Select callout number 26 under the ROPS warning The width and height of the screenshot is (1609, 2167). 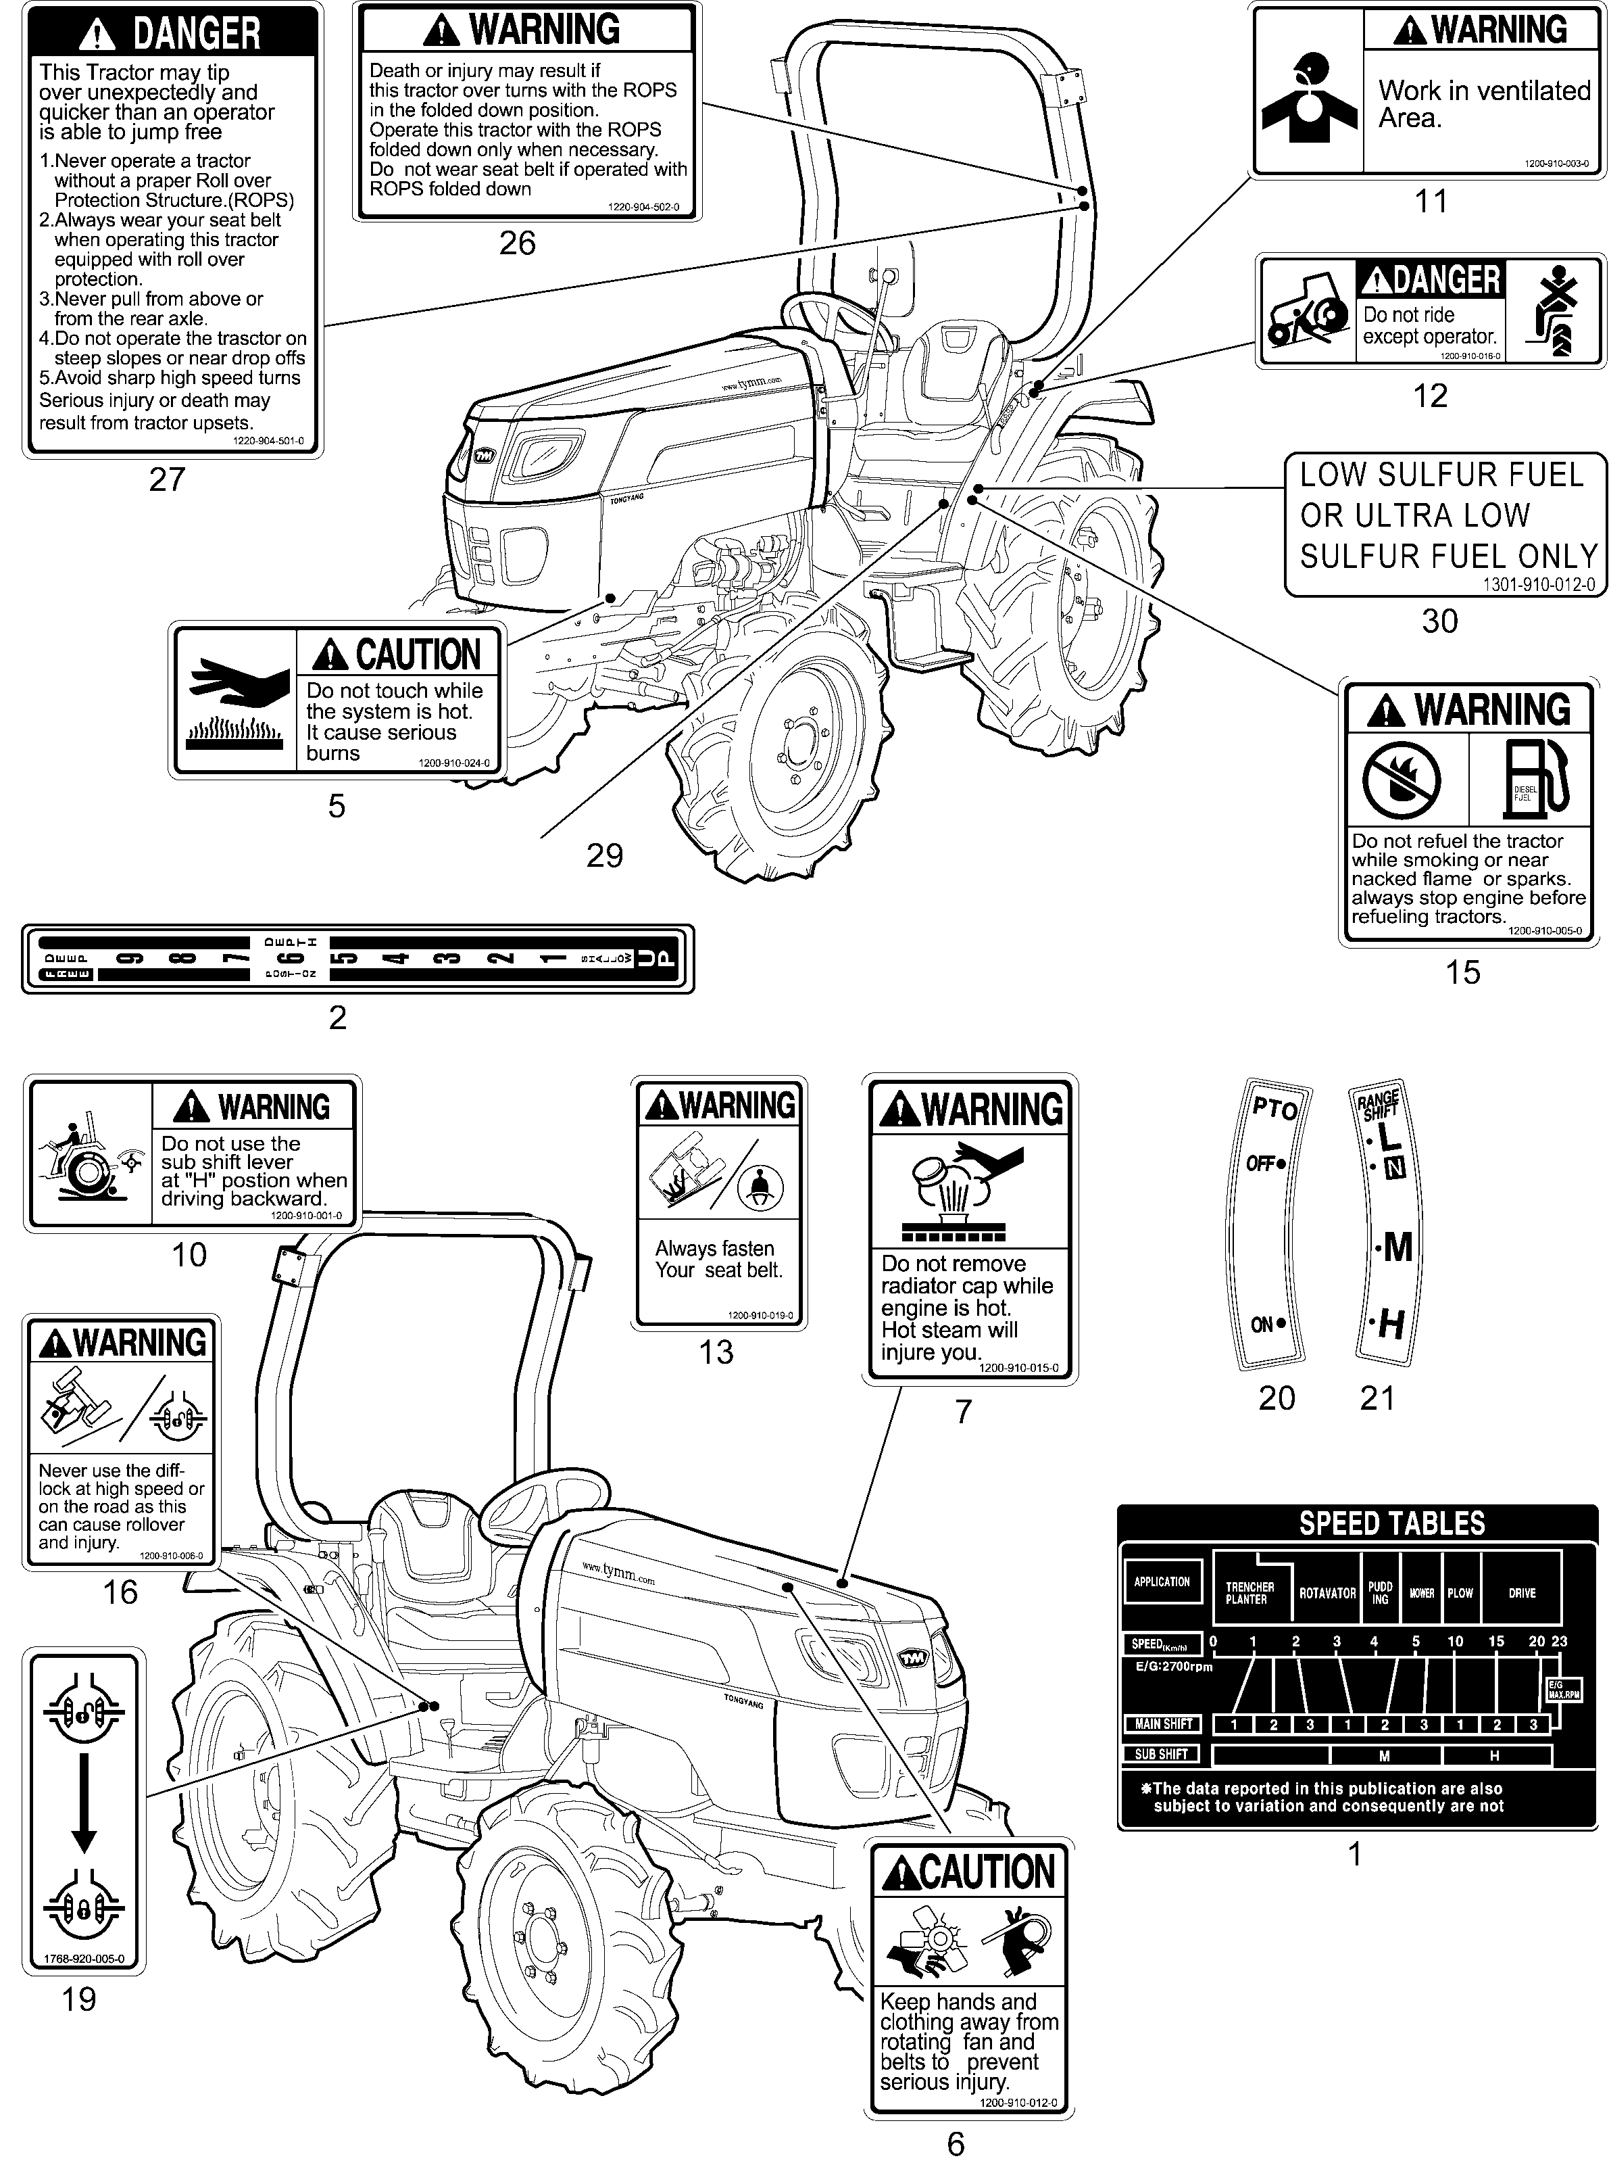pos(517,243)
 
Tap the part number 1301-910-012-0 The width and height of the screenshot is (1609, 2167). pos(1539,585)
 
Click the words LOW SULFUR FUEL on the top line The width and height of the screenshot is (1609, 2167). pos(1441,475)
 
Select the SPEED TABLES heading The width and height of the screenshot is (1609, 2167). pos(1392,1523)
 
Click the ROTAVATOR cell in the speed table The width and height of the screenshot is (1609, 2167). pos(1327,1593)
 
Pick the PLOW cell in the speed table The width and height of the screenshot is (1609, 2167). pos(1460,1593)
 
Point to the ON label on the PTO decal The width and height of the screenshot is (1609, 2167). pos(1263,1324)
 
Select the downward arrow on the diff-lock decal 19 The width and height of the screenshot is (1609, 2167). pos(84,1802)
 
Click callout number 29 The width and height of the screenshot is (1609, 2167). pos(604,855)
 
